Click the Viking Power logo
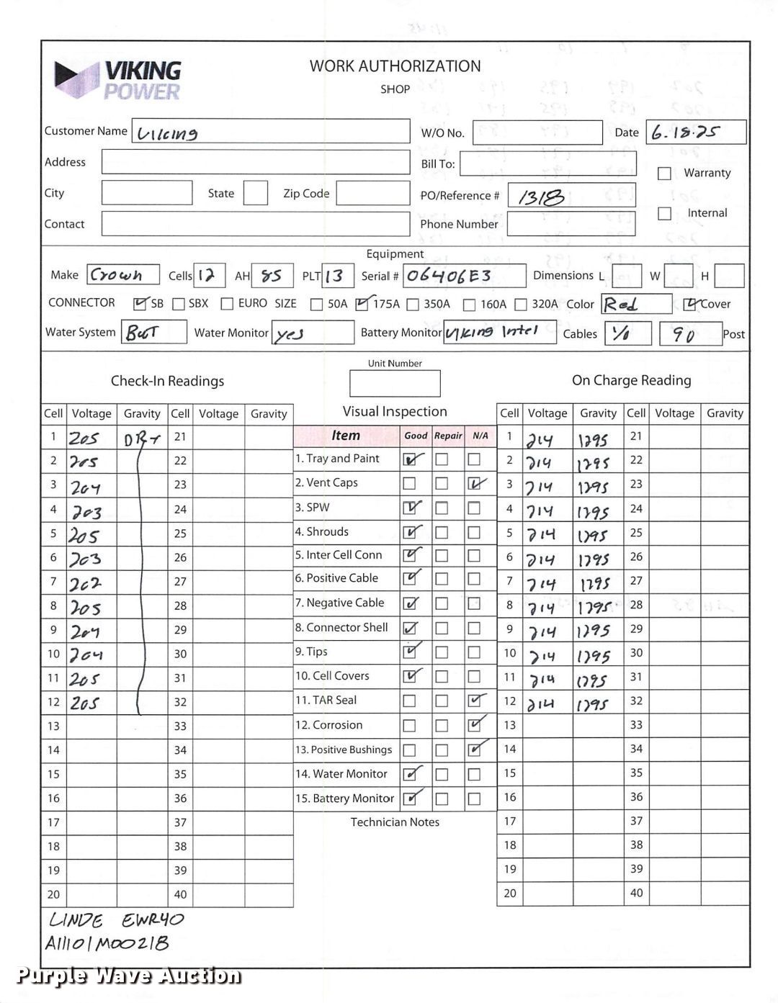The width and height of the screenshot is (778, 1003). tap(117, 80)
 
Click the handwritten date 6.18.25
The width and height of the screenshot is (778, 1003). tap(685, 132)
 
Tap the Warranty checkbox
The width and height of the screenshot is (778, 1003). tap(664, 174)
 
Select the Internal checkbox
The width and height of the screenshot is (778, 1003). tap(664, 214)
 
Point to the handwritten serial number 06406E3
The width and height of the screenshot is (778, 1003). tap(450, 276)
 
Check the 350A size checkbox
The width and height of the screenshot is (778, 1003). tap(413, 305)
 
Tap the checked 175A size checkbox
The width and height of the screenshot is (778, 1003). tap(362, 304)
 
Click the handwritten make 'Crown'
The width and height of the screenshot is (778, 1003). tap(116, 275)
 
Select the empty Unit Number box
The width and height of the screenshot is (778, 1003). tap(395, 384)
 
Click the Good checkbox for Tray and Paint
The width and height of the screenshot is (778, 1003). tap(410, 459)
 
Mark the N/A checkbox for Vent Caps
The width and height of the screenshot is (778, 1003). tap(474, 484)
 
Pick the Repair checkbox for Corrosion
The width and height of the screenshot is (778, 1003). tap(442, 726)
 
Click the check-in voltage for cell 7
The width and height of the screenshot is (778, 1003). tap(86, 583)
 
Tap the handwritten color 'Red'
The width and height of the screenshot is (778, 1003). tap(622, 305)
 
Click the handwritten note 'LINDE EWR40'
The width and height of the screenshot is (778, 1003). tap(116, 920)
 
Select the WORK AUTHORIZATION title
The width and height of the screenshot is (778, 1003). tap(395, 66)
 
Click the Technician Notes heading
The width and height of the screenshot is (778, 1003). tap(395, 822)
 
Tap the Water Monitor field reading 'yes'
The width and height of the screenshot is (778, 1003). tap(291, 333)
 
